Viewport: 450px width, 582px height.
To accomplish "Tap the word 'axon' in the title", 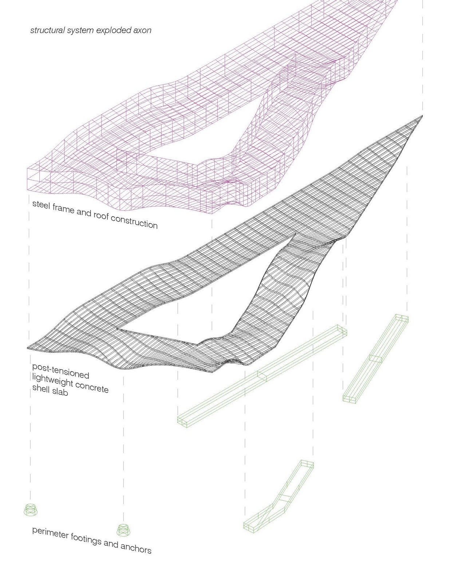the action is click(x=142, y=30).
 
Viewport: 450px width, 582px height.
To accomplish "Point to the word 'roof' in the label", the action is click(x=101, y=215).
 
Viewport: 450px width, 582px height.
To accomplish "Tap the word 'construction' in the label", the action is click(x=134, y=222).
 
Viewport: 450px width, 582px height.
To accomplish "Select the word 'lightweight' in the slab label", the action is click(x=52, y=380).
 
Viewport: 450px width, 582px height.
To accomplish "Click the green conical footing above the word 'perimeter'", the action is click(x=31, y=509).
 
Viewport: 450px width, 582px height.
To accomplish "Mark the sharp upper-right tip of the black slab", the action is click(x=422, y=116).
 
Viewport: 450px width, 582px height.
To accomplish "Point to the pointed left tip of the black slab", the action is click(x=28, y=348).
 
